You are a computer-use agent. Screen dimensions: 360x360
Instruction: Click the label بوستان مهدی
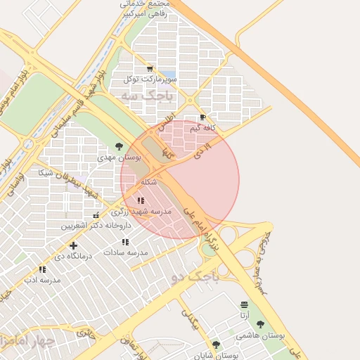[x=119, y=159]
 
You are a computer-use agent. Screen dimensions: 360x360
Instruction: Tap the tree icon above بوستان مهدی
[x=119, y=147]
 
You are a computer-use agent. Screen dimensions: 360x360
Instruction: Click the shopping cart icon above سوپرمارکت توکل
[x=149, y=68]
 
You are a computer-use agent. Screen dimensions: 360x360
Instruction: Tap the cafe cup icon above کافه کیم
[x=203, y=117]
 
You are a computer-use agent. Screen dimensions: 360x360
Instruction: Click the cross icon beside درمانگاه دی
[x=73, y=245]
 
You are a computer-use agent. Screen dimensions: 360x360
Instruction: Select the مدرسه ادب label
[x=42, y=280]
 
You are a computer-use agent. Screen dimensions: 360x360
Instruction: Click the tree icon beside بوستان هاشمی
[x=261, y=324]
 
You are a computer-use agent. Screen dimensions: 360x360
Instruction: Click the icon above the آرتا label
[x=244, y=304]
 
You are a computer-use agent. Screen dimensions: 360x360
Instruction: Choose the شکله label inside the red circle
[x=148, y=182]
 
